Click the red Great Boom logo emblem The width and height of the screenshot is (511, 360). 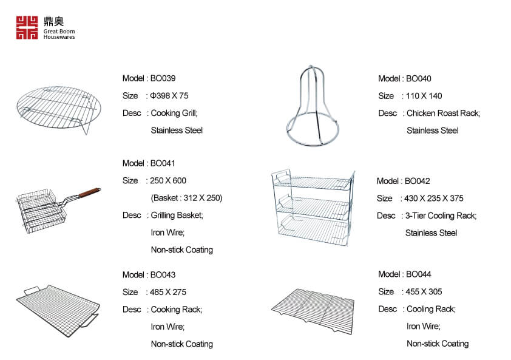[27, 28]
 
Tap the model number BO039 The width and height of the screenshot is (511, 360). [163, 78]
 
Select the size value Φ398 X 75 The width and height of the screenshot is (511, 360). [169, 95]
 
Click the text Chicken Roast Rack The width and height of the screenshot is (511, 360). [443, 113]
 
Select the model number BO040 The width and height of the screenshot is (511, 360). [418, 78]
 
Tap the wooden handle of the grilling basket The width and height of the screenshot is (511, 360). [90, 192]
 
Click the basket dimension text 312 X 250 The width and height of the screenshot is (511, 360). [201, 198]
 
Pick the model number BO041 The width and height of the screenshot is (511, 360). [162, 163]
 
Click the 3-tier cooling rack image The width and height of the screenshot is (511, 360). [313, 208]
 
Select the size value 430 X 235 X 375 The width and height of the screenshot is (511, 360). [433, 199]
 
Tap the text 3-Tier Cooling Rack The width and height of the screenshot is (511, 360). [440, 216]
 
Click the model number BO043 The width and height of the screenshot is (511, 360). [163, 275]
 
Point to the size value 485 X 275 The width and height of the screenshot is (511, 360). [168, 292]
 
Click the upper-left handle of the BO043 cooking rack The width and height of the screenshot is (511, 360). [32, 290]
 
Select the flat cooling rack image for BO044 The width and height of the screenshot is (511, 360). [313, 311]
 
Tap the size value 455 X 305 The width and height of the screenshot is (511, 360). [424, 291]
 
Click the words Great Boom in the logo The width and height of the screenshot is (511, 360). [59, 32]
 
